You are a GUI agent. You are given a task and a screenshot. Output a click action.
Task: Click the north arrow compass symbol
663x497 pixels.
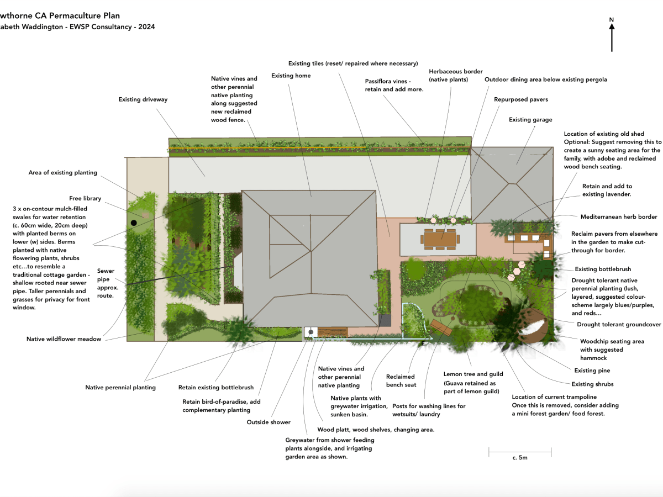(x=612, y=34)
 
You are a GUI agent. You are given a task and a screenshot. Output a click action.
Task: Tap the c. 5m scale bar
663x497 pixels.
(x=520, y=453)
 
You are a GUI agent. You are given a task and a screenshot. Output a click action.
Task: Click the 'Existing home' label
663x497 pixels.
(x=291, y=76)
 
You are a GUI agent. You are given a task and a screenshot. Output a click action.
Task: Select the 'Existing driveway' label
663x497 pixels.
(x=143, y=99)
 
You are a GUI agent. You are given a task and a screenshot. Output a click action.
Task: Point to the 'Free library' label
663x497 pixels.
(x=85, y=198)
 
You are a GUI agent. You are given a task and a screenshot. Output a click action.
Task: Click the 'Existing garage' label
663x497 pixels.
(x=530, y=120)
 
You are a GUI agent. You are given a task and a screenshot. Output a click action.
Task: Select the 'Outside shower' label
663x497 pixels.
(x=268, y=422)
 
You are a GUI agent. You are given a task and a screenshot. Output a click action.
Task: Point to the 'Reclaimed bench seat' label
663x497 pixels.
(x=401, y=380)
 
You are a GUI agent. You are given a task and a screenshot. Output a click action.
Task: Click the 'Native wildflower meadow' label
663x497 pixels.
(x=64, y=339)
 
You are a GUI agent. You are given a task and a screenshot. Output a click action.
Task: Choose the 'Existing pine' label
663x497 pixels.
(x=592, y=371)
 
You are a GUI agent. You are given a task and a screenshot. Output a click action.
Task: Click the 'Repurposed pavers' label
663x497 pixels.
(x=521, y=100)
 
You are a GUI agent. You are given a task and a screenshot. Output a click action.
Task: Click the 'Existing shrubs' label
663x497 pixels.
(x=592, y=384)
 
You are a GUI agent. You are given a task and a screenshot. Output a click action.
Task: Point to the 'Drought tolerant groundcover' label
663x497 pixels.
(x=619, y=325)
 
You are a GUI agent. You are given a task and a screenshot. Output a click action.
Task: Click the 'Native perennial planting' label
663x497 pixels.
(x=120, y=388)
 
